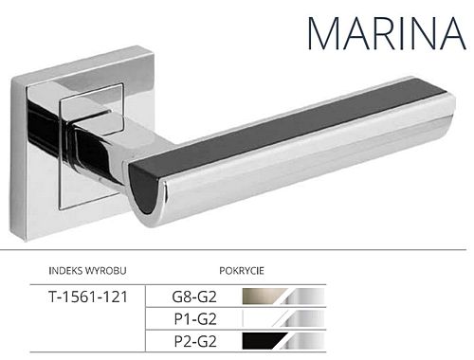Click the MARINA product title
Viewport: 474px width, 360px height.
click(387, 33)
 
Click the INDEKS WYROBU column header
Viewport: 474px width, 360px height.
click(87, 271)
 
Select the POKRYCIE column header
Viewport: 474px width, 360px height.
click(242, 271)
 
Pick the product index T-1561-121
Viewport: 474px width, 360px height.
click(88, 297)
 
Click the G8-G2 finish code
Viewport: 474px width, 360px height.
click(194, 297)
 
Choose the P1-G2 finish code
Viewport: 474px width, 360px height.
click(195, 319)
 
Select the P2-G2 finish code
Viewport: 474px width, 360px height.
click(195, 341)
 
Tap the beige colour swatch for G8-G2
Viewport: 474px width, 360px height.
click(264, 297)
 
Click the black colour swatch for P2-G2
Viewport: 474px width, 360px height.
click(264, 341)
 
